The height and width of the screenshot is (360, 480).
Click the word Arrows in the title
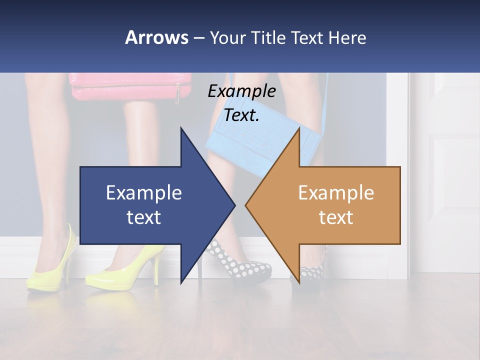click(x=156, y=37)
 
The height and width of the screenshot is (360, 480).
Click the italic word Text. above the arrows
click(x=241, y=115)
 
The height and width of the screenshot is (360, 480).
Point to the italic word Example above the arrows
click(x=241, y=91)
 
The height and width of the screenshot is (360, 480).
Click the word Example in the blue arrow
click(x=144, y=192)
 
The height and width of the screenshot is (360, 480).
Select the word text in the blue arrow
click(x=144, y=217)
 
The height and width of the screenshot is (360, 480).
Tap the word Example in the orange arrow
click(x=336, y=192)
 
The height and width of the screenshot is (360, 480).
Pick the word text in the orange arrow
click(x=336, y=217)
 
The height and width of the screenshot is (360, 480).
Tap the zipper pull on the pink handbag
click(x=177, y=93)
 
